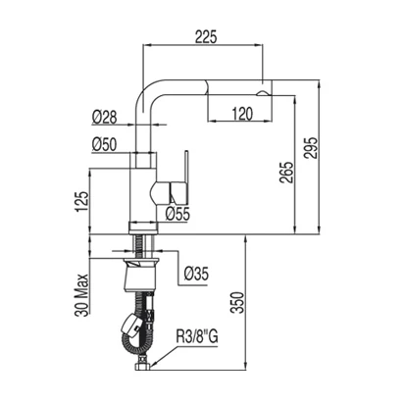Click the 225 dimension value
pos(206,36)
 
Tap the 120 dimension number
pos(242,114)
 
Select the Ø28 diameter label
pos(104,117)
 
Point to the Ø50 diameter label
pos(104,145)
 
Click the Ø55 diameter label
pos(177,214)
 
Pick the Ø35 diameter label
pos(196,274)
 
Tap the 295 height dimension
pos(311,148)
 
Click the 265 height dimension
pos(287,173)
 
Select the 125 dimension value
pos(81,201)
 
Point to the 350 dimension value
pos(237,303)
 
